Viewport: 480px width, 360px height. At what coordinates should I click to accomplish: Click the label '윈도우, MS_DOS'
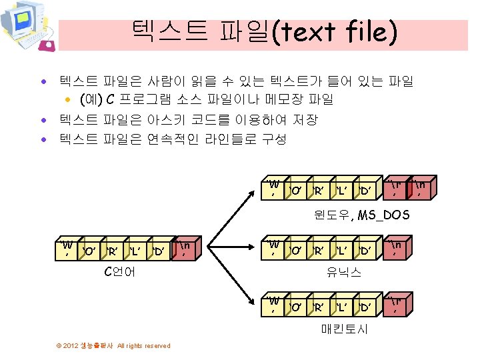coord(362,215)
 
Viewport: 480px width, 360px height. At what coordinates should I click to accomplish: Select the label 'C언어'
coord(120,271)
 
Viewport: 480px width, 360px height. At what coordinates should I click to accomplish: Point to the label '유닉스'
coord(343,272)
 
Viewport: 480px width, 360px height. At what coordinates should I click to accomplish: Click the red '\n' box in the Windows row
coord(421,189)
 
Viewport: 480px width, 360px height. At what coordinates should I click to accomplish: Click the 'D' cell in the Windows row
coord(365,191)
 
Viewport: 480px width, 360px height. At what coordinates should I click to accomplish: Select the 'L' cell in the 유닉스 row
coord(341,251)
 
